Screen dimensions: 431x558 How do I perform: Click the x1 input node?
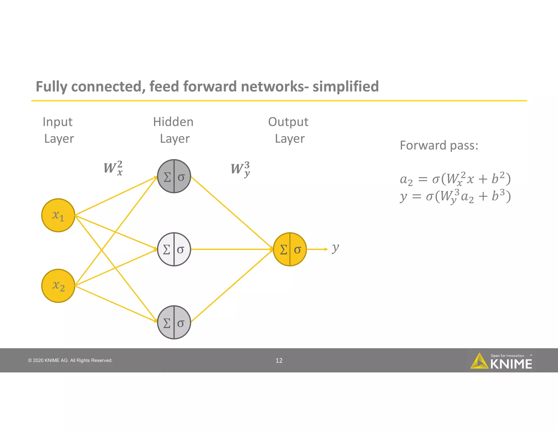[58, 215]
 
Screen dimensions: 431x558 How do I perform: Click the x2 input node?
[58, 286]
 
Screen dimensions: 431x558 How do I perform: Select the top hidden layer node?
[174, 176]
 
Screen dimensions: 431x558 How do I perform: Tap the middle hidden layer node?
[174, 249]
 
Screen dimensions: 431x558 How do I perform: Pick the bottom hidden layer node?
[174, 322]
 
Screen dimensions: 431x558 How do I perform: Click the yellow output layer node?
[290, 249]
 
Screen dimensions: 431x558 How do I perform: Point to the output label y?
[335, 248]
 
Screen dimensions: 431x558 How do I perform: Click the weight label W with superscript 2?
[113, 168]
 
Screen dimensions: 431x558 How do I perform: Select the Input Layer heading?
[58, 130]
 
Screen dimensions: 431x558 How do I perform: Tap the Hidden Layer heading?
[174, 130]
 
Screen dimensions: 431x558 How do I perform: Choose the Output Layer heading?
[289, 130]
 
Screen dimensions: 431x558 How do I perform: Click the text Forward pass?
[439, 145]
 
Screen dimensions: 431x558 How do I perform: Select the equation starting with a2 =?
[455, 179]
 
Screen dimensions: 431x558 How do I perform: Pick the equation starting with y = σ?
[455, 196]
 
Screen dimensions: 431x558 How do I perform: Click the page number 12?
[279, 360]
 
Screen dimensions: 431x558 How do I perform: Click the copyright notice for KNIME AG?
[70, 360]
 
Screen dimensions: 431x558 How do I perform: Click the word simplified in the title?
[345, 86]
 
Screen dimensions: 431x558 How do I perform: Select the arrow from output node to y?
[317, 249]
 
